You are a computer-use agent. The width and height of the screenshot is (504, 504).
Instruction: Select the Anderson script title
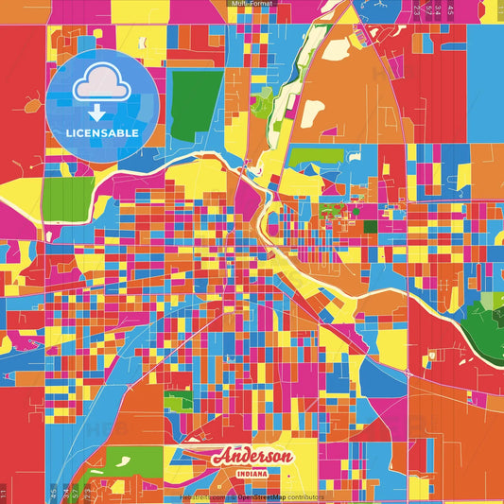[252, 457]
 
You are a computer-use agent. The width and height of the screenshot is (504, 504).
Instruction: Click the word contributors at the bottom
[304, 496]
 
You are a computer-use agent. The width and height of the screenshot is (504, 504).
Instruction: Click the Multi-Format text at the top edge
[251, 4]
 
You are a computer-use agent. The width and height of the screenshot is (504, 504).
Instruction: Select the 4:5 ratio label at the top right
[450, 9]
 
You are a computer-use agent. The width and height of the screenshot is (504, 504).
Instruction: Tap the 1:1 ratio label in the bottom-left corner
[4, 493]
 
